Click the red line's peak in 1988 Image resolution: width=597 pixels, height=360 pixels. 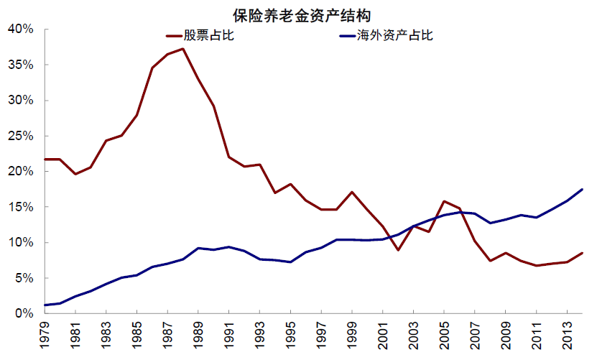click(x=183, y=49)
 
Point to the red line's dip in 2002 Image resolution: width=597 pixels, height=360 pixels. click(x=398, y=250)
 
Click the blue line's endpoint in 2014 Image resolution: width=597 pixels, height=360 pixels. click(x=582, y=189)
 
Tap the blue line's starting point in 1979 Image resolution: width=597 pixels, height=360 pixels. click(x=45, y=305)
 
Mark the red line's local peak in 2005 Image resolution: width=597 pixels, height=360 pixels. click(x=444, y=201)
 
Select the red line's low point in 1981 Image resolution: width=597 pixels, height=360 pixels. click(x=75, y=174)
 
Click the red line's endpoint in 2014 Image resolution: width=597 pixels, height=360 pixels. click(x=582, y=253)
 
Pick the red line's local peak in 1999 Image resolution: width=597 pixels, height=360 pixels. click(x=352, y=192)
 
